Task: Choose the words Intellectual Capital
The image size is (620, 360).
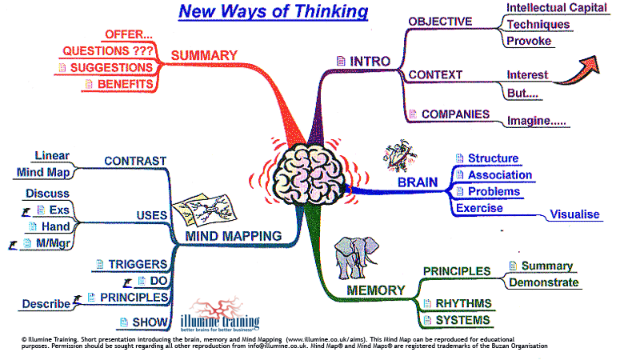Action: coord(557,8)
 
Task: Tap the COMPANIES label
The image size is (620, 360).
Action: coord(455,114)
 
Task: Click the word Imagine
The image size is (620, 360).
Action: coord(535,122)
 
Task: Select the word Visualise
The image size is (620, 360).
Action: coord(577,214)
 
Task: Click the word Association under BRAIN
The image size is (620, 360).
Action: coord(500,175)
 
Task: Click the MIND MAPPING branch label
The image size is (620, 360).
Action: coord(233,236)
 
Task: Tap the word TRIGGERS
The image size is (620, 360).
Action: coord(138,264)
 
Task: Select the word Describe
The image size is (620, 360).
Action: coord(46,304)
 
